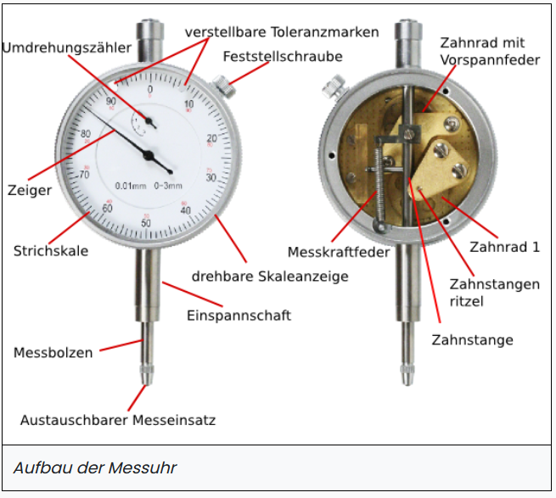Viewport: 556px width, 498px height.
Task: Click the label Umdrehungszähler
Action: tap(67, 48)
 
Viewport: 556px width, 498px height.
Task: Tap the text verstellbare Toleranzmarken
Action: tap(282, 32)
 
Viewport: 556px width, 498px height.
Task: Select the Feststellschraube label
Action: tap(283, 57)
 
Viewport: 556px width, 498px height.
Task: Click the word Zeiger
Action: tap(30, 191)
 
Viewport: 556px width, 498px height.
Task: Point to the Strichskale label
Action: tap(51, 251)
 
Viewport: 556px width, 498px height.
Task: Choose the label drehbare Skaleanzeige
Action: tap(270, 277)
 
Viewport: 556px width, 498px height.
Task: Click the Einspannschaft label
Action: tap(239, 316)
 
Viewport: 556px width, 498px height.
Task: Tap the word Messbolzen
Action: tap(53, 353)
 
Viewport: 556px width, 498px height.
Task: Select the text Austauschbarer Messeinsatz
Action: tap(118, 421)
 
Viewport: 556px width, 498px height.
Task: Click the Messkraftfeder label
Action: tap(339, 252)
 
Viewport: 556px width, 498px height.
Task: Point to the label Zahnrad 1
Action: tap(504, 247)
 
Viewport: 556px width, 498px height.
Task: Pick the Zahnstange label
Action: tap(472, 340)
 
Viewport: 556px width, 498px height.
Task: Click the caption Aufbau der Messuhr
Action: tap(95, 467)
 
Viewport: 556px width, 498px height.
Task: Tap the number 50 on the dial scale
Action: tap(146, 222)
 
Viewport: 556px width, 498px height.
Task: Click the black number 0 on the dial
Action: tap(150, 89)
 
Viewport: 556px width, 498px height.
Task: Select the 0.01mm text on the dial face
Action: tap(131, 186)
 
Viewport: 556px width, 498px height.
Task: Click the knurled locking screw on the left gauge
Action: tap(224, 87)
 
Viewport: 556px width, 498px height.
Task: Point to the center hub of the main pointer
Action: tap(149, 154)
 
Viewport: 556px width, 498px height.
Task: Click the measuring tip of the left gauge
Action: tap(147, 377)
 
